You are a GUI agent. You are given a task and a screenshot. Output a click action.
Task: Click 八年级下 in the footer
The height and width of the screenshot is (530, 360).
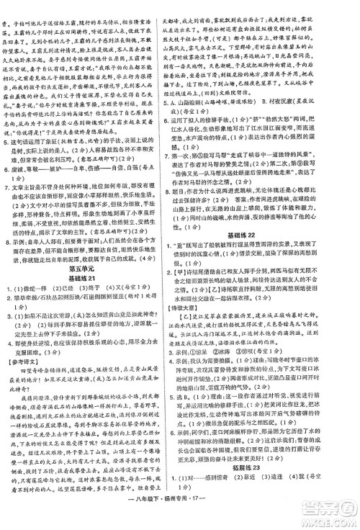pos(158,521)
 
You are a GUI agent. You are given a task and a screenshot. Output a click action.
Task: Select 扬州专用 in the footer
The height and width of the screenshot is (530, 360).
pos(187,521)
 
